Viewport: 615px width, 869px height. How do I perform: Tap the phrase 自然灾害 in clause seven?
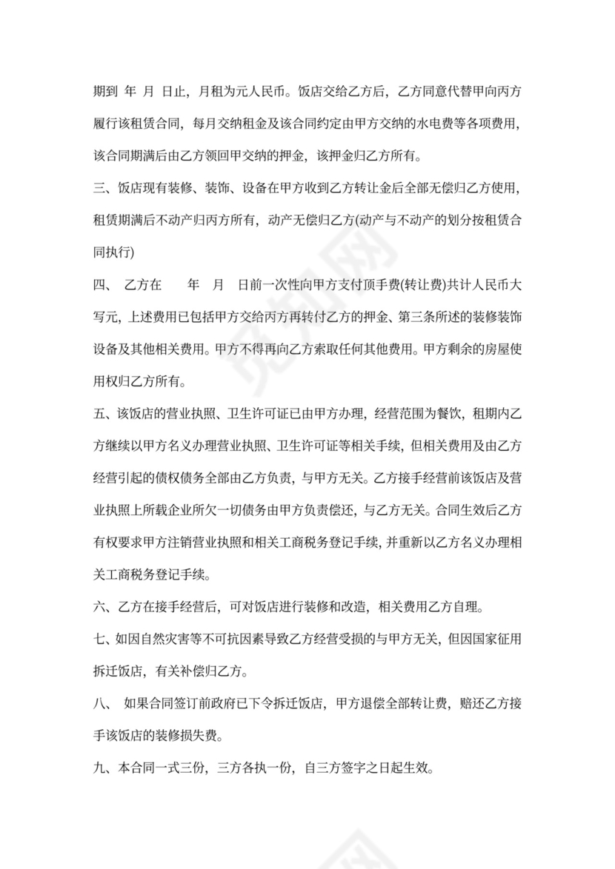click(156, 640)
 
